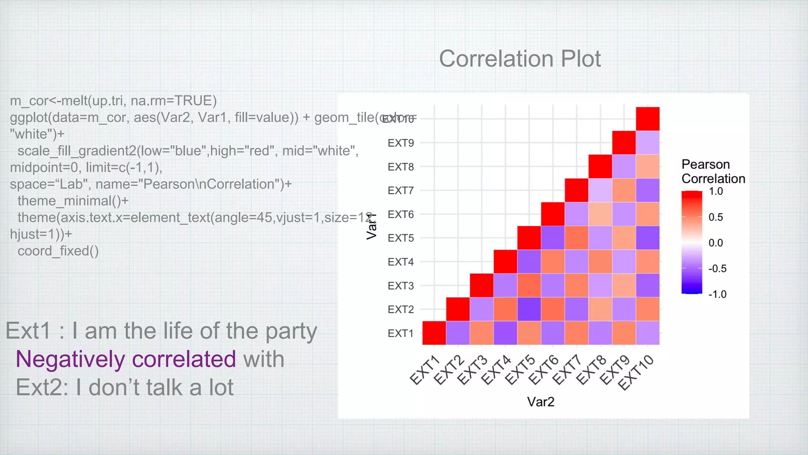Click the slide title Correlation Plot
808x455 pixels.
coord(520,59)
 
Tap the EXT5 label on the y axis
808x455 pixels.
coord(400,238)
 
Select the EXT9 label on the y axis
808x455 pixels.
coord(400,143)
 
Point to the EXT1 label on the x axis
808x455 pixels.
coord(425,370)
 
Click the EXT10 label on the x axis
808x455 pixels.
coord(636,372)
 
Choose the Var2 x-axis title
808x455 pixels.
coord(541,402)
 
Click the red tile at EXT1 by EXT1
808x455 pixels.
coord(434,333)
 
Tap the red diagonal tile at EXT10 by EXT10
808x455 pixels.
coord(647,119)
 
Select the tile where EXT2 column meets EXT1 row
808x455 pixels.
coord(458,333)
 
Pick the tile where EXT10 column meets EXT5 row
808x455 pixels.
coord(647,238)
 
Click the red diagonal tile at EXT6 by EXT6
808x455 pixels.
coord(553,214)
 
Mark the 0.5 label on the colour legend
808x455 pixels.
coord(716,217)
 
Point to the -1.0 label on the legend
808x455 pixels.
coord(717,294)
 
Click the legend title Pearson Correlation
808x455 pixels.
coord(713,171)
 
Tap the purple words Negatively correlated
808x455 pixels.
coord(125,359)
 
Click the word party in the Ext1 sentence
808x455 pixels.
coord(291,331)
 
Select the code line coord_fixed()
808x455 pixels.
coord(58,251)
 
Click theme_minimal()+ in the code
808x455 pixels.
coord(73,201)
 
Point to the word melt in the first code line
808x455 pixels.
coord(73,101)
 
